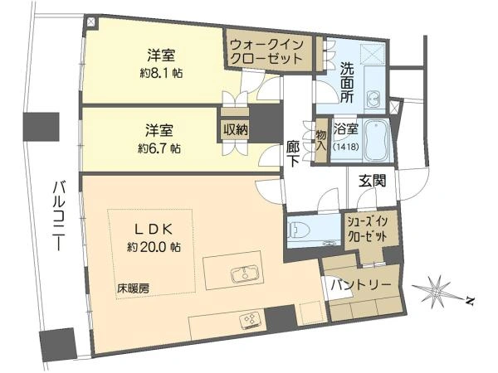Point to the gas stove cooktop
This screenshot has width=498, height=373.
point(251,318)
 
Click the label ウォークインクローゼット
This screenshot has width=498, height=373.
point(266,51)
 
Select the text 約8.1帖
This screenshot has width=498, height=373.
point(161,74)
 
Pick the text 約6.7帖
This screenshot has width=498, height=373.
point(159,148)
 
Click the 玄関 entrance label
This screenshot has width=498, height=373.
point(372,181)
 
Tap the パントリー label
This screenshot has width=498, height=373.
point(361,285)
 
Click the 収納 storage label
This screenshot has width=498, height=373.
point(235,129)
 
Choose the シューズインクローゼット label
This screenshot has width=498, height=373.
point(368,229)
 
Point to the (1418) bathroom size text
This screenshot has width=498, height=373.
point(346,147)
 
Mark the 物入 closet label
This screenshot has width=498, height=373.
point(320,141)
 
